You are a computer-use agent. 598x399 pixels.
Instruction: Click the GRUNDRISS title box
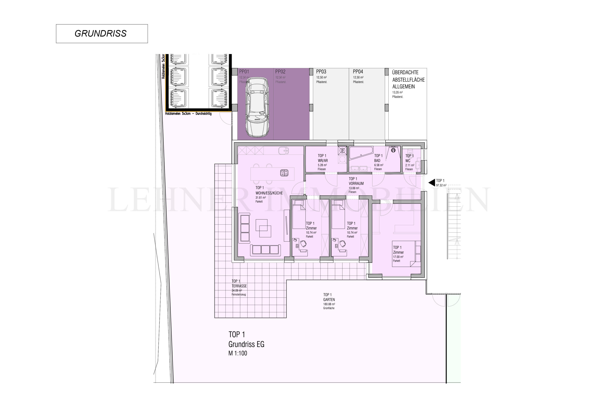pyautogui.click(x=102, y=34)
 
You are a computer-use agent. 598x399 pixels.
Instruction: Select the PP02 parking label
pyautogui.click(x=280, y=72)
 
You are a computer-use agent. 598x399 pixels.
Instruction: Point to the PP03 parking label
pyautogui.click(x=321, y=72)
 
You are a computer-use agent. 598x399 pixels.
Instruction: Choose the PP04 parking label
pyautogui.click(x=358, y=72)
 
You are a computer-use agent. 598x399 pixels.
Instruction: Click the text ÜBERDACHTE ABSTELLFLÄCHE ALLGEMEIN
pyautogui.click(x=408, y=79)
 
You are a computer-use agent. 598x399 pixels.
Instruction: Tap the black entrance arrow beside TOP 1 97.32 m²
pyautogui.click(x=432, y=183)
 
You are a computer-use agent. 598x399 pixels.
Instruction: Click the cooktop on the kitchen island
pyautogui.click(x=284, y=173)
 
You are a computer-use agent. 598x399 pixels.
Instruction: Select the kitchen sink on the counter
pyautogui.click(x=283, y=151)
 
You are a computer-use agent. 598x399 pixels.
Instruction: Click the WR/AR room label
pyautogui.click(x=323, y=161)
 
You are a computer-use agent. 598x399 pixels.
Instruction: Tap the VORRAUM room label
pyautogui.click(x=356, y=183)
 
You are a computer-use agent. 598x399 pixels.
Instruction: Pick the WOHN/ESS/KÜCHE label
pyautogui.click(x=269, y=193)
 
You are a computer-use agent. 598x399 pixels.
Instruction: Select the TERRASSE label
pyautogui.click(x=239, y=286)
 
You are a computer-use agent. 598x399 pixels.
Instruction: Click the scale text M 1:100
pyautogui.click(x=238, y=353)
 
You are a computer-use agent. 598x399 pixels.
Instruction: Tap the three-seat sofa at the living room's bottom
pyautogui.click(x=265, y=250)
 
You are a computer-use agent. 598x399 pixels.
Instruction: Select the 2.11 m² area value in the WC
pyautogui.click(x=409, y=165)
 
